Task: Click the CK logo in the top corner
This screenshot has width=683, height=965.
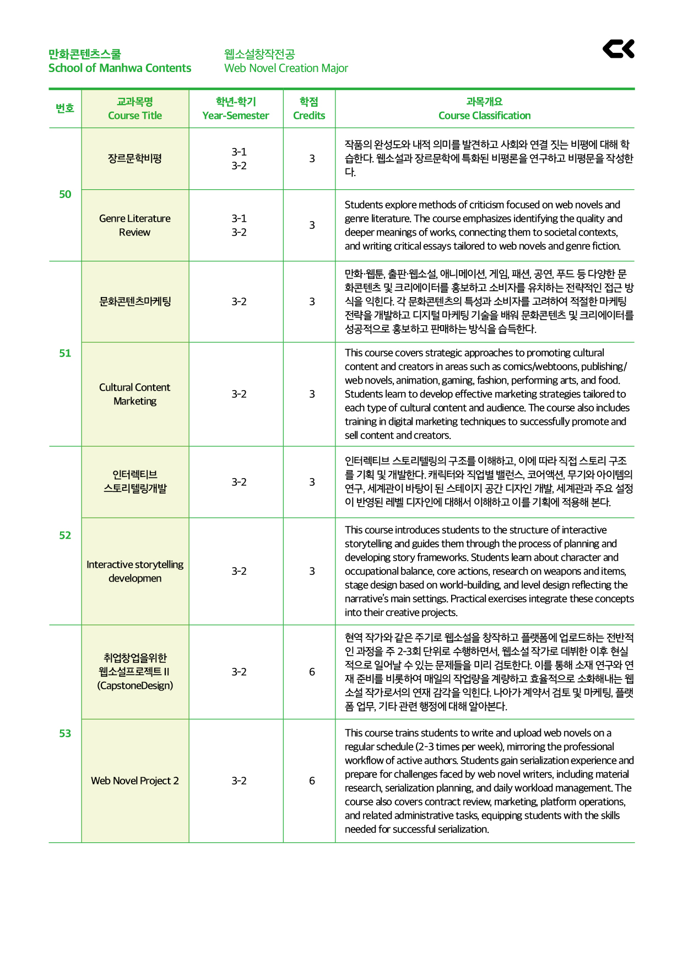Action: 618,48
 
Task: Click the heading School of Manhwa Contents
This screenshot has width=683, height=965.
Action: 120,68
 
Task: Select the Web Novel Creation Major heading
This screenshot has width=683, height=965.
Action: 286,68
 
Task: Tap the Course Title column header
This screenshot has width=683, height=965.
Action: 135,116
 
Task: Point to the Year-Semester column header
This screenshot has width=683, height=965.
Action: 236,116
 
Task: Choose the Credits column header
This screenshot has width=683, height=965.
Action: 309,116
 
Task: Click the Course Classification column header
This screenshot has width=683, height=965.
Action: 484,116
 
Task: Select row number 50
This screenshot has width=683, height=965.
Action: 65,194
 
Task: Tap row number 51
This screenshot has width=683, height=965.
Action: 65,353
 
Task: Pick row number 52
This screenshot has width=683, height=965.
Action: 65,535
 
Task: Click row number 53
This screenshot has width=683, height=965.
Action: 65,733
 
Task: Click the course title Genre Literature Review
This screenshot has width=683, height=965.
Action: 135,225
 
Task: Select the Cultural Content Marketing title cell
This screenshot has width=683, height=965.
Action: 135,394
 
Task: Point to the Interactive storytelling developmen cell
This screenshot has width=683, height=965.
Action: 135,571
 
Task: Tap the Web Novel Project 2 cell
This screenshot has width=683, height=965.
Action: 135,781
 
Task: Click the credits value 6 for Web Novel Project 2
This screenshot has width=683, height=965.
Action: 312,781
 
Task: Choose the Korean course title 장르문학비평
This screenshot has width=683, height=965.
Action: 135,158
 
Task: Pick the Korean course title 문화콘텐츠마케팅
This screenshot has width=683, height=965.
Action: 135,301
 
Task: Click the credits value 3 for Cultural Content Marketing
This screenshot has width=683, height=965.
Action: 312,394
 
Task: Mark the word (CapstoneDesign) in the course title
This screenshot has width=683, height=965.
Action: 135,686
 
